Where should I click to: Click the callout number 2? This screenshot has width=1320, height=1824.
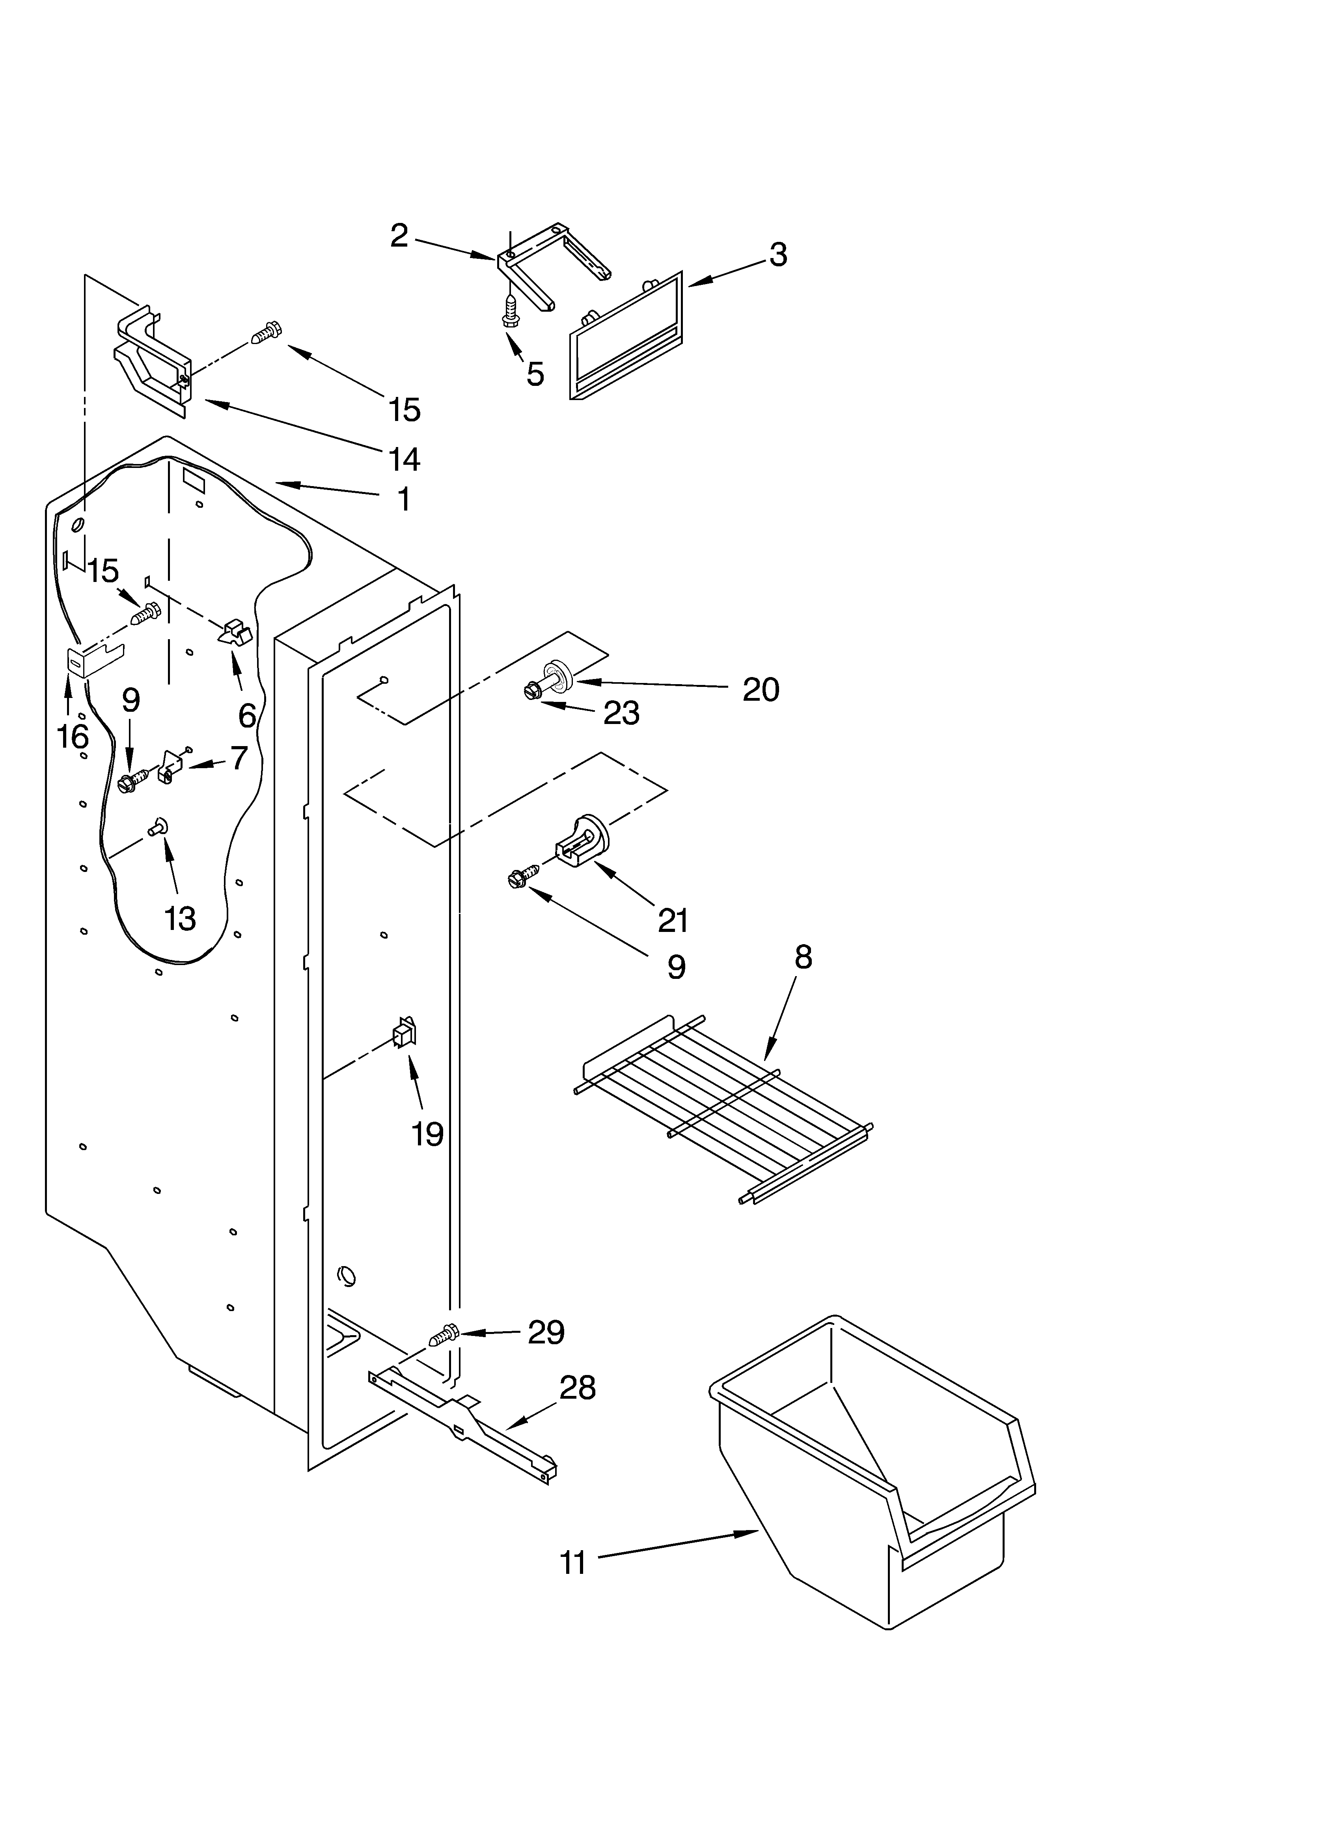[x=399, y=236]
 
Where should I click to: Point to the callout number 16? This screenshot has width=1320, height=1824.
[x=73, y=736]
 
